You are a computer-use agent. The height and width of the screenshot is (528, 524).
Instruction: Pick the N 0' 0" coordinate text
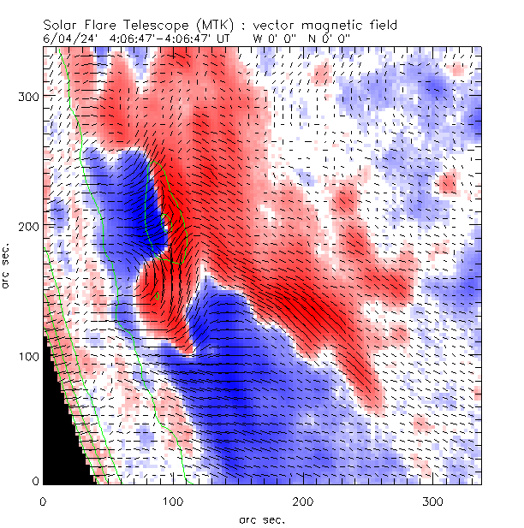329,39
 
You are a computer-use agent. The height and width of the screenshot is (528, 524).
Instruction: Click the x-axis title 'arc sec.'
261,519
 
